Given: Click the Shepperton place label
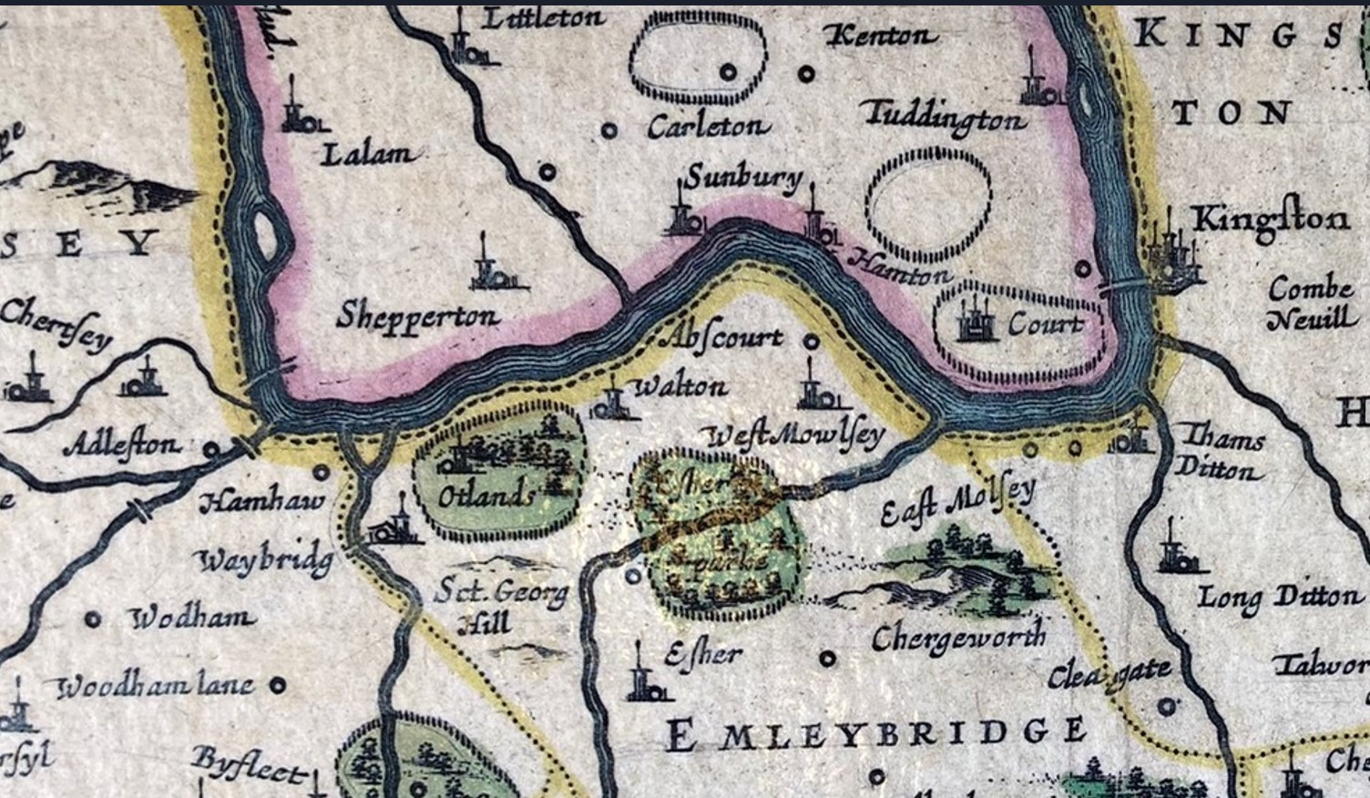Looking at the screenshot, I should point(418,316).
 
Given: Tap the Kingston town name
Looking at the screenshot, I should point(1271,220).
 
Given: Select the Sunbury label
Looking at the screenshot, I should point(743,178).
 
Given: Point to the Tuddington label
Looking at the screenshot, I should point(944,117).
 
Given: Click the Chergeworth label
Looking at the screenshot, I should point(958,638).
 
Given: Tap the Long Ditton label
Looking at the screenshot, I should point(1279,598).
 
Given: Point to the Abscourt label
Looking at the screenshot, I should point(725,338).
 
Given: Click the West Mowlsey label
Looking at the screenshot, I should point(796,435).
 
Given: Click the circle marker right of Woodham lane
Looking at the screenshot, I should point(279,685).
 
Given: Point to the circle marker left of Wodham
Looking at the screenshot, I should point(92,619).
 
